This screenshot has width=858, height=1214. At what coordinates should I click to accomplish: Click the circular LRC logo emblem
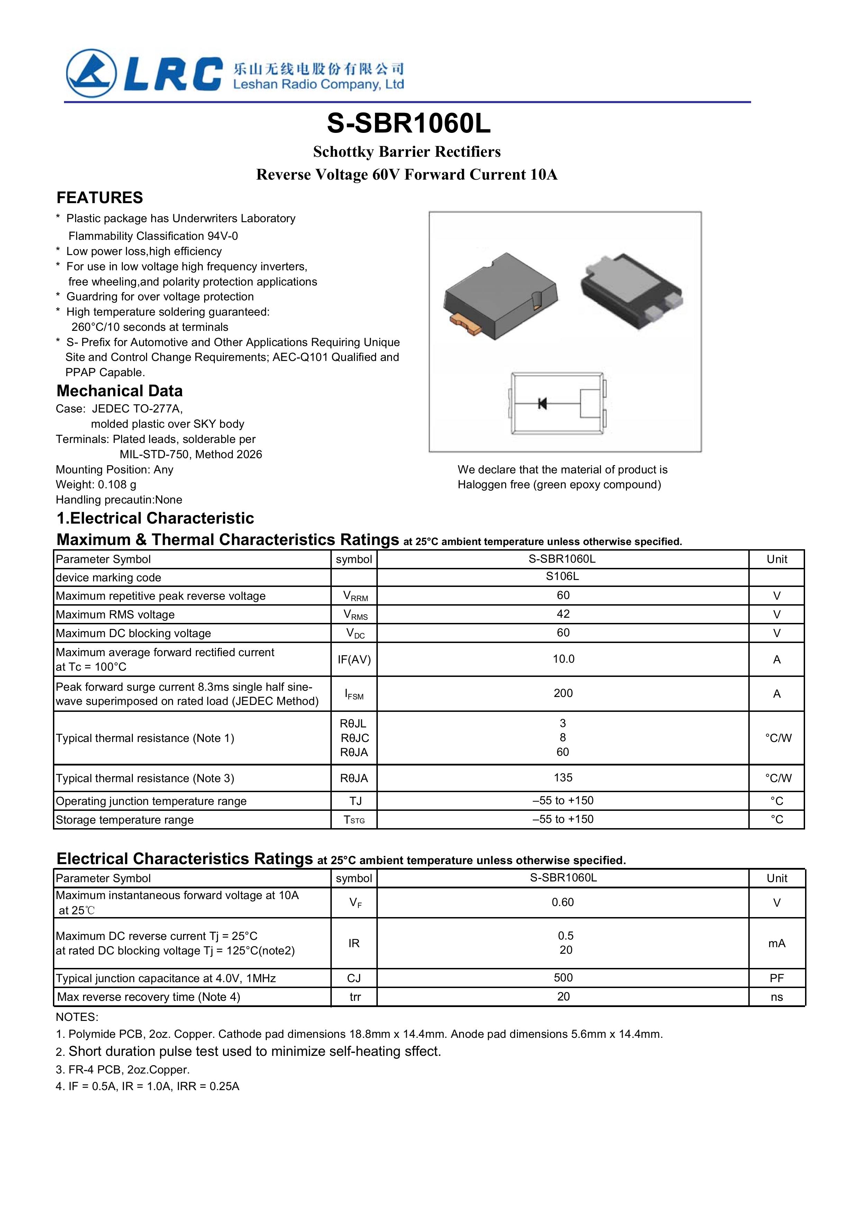click(x=91, y=73)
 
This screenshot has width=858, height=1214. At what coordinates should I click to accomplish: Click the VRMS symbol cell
click(x=355, y=614)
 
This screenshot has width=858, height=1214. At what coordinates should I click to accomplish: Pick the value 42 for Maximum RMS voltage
click(x=563, y=614)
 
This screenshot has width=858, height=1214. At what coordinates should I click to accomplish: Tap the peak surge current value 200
click(x=563, y=693)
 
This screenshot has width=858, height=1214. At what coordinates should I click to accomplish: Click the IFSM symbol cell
click(x=354, y=694)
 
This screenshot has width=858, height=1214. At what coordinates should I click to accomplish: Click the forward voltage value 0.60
click(x=563, y=902)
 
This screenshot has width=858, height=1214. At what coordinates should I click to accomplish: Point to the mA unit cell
click(x=777, y=943)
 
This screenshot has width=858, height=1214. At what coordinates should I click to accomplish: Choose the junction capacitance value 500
click(x=563, y=978)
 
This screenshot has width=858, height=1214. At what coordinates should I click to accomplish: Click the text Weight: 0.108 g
click(x=96, y=484)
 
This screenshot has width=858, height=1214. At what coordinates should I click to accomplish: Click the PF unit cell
click(x=777, y=978)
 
